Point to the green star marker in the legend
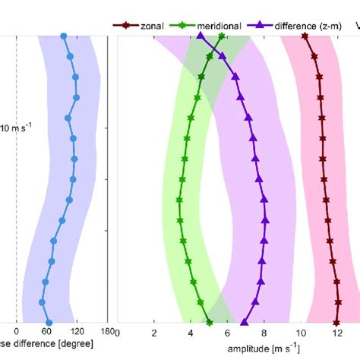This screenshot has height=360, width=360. point(179,25)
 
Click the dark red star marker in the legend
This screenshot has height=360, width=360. point(127,25)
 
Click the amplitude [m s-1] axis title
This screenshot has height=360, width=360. point(264,348)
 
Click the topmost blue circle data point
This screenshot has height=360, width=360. point(63,36)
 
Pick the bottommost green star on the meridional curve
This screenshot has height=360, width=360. point(210,323)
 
